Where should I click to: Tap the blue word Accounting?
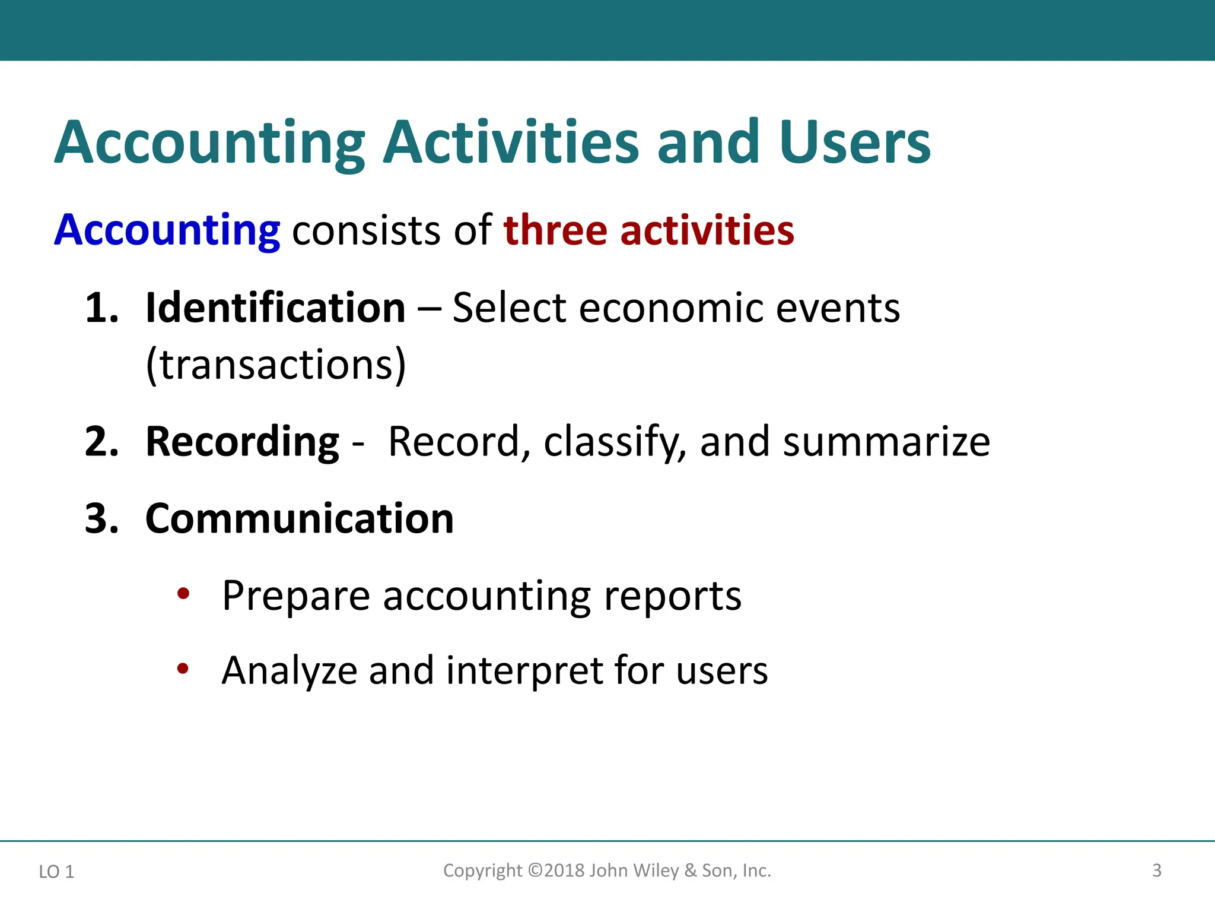[x=167, y=230]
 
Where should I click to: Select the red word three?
[x=555, y=230]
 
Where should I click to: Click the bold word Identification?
[x=275, y=308]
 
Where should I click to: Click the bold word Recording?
[x=242, y=442]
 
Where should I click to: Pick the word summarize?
[x=886, y=442]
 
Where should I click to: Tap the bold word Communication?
[x=300, y=519]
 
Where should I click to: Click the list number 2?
[x=101, y=442]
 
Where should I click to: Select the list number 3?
[x=101, y=519]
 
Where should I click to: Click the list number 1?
[x=101, y=308]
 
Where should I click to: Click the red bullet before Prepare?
[x=183, y=593]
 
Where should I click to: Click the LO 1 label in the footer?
[x=56, y=872]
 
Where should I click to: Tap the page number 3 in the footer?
[x=1156, y=870]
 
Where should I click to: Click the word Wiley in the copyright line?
[x=656, y=870]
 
